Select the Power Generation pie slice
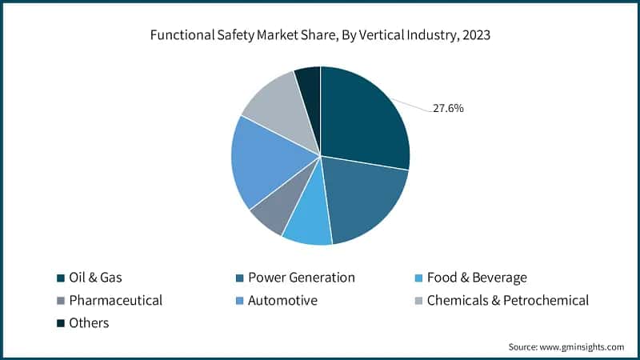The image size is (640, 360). click(364, 200)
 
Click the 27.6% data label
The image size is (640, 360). click(448, 108)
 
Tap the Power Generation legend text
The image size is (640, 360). click(301, 278)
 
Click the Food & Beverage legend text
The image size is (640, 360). click(477, 278)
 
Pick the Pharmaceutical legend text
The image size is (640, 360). click(116, 301)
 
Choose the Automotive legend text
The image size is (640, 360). click(282, 301)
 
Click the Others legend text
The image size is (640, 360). click(89, 323)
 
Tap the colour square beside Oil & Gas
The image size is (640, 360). click(60, 278)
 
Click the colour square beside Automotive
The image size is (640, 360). click(239, 302)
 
